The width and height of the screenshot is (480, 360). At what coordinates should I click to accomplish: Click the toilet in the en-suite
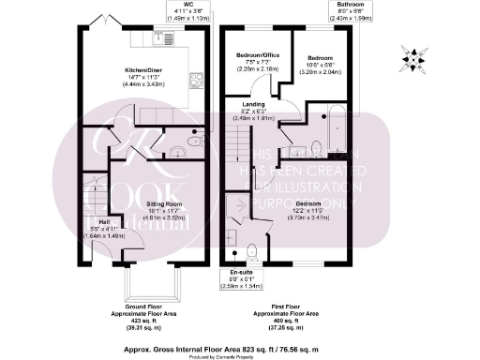coord(251,251)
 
